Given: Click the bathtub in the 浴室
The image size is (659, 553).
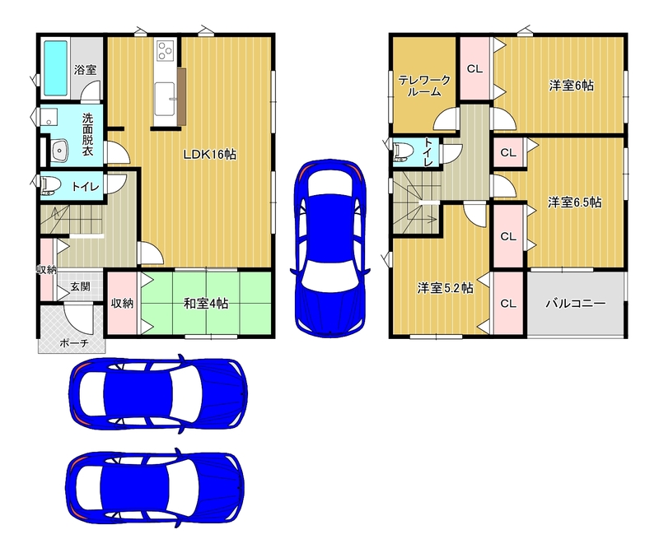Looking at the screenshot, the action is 56,68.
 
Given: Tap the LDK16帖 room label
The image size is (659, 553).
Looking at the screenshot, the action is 210,155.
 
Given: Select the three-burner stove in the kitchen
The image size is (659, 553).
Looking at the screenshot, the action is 166,50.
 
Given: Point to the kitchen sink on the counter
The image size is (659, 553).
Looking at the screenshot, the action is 164,99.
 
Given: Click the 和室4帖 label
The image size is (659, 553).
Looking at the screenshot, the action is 206,303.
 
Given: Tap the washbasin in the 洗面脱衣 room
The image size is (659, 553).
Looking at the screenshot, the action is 59,150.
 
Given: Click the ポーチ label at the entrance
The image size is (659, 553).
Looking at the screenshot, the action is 74,343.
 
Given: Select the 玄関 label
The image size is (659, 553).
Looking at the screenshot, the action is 80,287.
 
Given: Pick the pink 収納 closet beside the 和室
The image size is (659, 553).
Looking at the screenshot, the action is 122,303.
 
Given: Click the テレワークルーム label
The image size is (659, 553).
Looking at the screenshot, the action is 424,86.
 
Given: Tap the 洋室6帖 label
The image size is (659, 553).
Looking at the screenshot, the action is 571,86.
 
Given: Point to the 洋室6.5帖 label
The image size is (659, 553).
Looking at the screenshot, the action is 574,202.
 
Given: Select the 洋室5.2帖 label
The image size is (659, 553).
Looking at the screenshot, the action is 445,288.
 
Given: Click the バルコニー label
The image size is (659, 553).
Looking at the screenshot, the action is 576,303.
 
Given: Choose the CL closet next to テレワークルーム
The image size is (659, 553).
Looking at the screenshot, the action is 475,69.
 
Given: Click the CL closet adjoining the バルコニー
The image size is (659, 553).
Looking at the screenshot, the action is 508,303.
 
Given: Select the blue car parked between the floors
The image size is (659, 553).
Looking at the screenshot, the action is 330,248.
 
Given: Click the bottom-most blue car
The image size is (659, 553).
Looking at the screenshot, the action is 155,489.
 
